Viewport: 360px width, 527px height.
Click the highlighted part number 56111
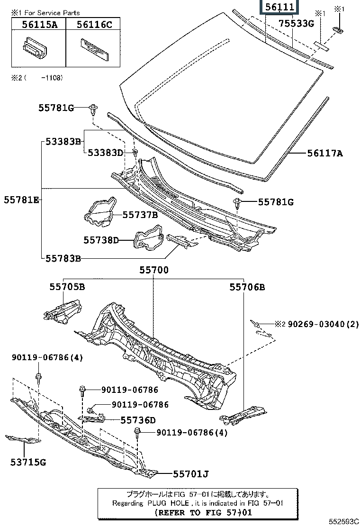point(280,7)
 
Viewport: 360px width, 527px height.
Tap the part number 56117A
point(324,153)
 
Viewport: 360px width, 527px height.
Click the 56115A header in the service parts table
point(39,25)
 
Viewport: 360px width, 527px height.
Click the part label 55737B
point(140,215)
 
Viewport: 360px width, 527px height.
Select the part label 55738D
point(101,240)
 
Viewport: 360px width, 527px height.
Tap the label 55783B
point(63,258)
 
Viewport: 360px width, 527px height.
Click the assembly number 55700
point(153,270)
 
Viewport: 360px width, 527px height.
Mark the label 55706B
point(247,287)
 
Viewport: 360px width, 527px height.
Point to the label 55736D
point(138,420)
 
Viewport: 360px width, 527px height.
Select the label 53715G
point(29,462)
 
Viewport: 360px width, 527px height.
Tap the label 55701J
point(191,473)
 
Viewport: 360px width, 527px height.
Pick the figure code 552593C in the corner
point(344,522)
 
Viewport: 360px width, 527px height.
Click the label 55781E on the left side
point(22,200)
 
